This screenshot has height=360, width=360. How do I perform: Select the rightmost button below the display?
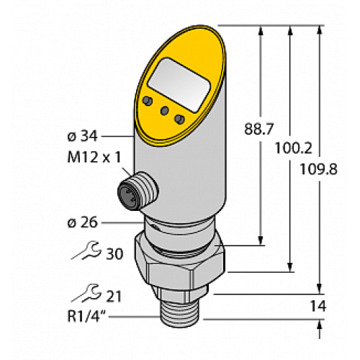(x=180, y=118)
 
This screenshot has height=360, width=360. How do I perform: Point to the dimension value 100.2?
(x=293, y=148)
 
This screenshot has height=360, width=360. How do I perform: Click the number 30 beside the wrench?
(x=114, y=253)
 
